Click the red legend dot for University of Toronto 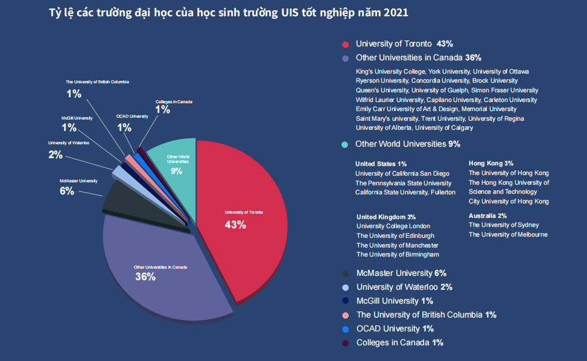pos(346,44)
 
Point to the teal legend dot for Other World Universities pos(344,144)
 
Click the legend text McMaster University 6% pos(401,273)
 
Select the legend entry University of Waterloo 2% pos(404,287)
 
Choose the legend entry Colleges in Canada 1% pos(399,343)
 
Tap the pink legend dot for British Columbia pos(345,315)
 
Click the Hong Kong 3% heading pos(491,163)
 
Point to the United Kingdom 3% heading pos(386,217)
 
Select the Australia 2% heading pos(487,216)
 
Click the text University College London pos(393,226)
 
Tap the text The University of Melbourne pos(508,234)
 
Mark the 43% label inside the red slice pos(235,225)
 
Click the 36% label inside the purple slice pos(145,277)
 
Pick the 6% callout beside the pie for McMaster pos(66,191)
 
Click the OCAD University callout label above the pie pos(132,116)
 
